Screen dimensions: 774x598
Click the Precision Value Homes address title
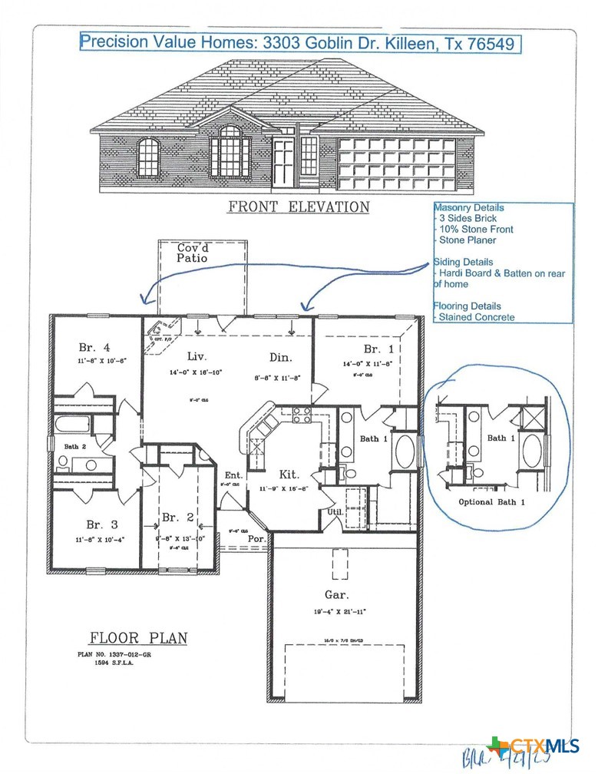tap(300, 43)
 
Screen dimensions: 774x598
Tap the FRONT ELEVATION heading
tap(298, 207)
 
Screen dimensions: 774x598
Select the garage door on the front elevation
tap(396, 164)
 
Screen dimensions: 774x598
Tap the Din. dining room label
tap(279, 356)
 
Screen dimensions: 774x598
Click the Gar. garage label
tap(336, 594)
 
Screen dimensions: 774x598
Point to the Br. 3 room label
tap(102, 524)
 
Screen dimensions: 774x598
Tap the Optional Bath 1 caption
tap(491, 501)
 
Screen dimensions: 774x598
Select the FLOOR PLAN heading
tap(138, 638)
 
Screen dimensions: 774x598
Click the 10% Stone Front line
tap(476, 229)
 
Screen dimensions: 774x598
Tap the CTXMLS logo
tap(533, 746)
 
